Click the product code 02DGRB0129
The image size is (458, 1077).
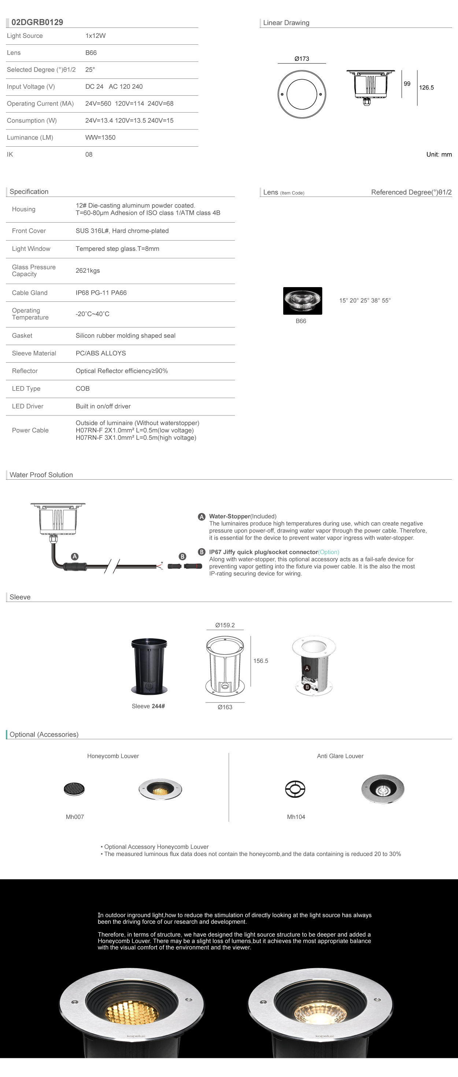[37, 22]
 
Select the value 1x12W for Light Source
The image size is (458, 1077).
[95, 36]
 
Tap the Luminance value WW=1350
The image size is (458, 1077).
[100, 138]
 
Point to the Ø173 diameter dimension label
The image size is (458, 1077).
[302, 59]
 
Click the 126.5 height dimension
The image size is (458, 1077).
[426, 88]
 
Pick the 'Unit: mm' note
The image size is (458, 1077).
[439, 155]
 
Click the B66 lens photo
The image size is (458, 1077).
[303, 301]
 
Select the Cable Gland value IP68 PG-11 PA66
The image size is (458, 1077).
[101, 293]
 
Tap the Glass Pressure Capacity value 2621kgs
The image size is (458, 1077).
[88, 271]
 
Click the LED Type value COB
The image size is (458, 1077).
[83, 388]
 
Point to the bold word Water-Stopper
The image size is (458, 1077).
[229, 516]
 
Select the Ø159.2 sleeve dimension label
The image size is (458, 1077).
[225, 625]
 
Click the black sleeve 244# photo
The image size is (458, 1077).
[149, 666]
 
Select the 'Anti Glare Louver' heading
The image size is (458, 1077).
[340, 756]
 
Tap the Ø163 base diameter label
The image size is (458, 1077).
[225, 707]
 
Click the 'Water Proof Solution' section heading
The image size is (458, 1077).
[41, 475]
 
